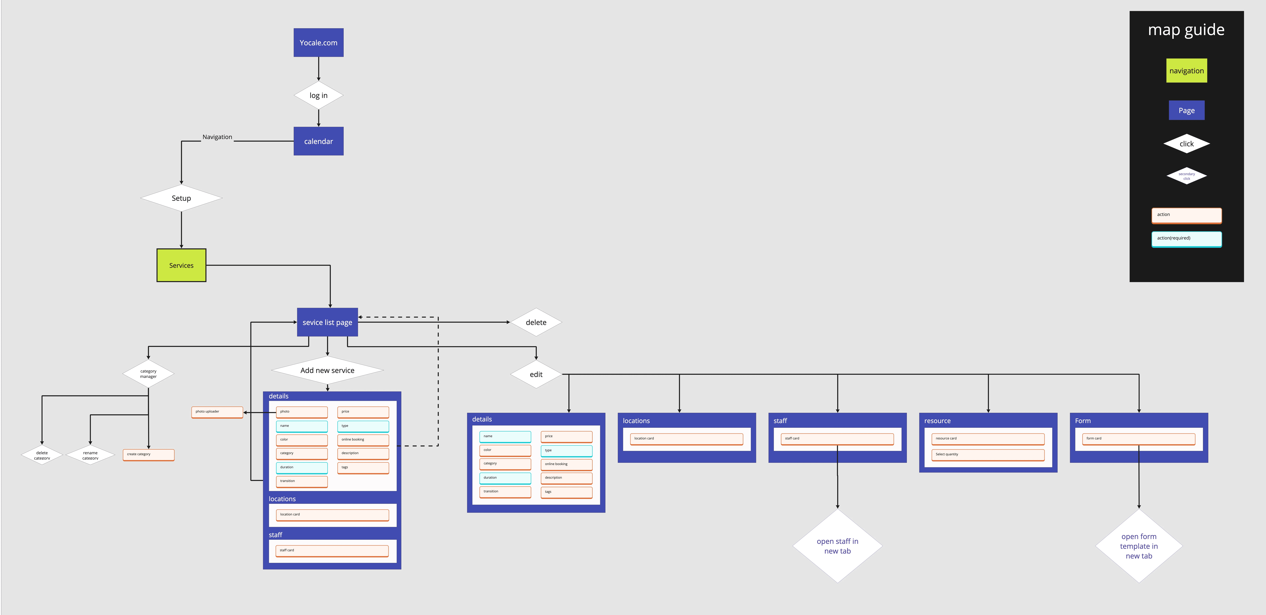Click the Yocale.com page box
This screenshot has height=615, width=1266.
318,43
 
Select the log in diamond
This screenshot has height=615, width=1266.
318,95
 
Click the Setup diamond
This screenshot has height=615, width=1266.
181,198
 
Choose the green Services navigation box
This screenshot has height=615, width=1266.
181,266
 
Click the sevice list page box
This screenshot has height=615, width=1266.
327,322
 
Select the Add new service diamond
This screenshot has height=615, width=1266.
327,370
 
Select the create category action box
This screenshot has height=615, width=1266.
148,455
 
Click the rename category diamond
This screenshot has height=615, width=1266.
90,455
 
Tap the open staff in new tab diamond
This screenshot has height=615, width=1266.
837,546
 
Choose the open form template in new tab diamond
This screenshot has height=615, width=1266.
1139,546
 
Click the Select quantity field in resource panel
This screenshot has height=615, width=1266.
988,455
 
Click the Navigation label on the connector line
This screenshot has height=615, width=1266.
217,137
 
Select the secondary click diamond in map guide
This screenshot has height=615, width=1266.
1186,176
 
